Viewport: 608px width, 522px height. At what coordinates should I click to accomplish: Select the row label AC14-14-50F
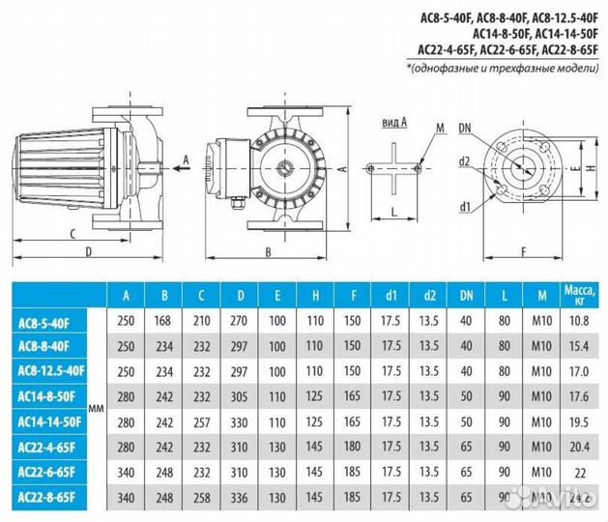pos(54,421)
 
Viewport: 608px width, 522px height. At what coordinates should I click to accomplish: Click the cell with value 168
pos(163,319)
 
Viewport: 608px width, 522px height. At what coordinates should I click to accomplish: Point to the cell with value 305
pos(241,395)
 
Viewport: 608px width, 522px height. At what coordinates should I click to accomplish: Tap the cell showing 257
pos(202,421)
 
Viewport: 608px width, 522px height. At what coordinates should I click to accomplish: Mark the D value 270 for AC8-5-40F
pos(241,319)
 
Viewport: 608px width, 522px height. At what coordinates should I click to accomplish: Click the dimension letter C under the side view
pos(73,233)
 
